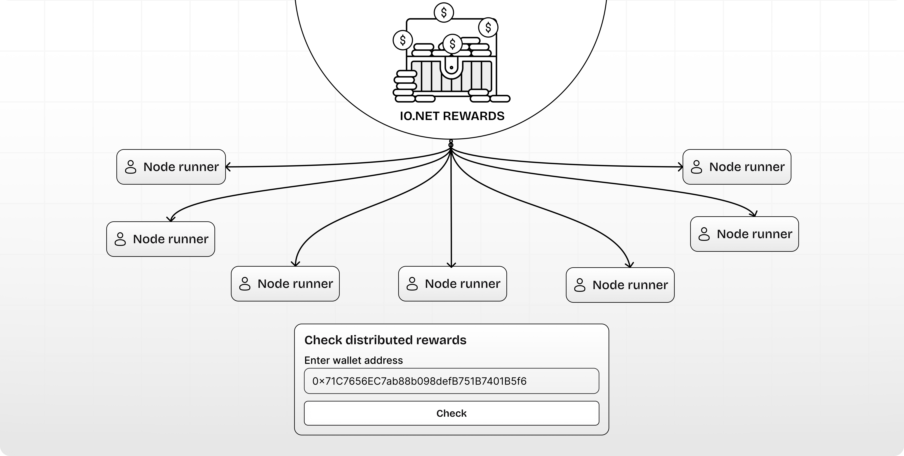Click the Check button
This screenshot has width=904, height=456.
451,413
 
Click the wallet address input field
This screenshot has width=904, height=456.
451,381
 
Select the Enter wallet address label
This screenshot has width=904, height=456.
353,360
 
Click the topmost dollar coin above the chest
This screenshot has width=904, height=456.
444,13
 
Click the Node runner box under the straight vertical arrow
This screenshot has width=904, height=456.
452,284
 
